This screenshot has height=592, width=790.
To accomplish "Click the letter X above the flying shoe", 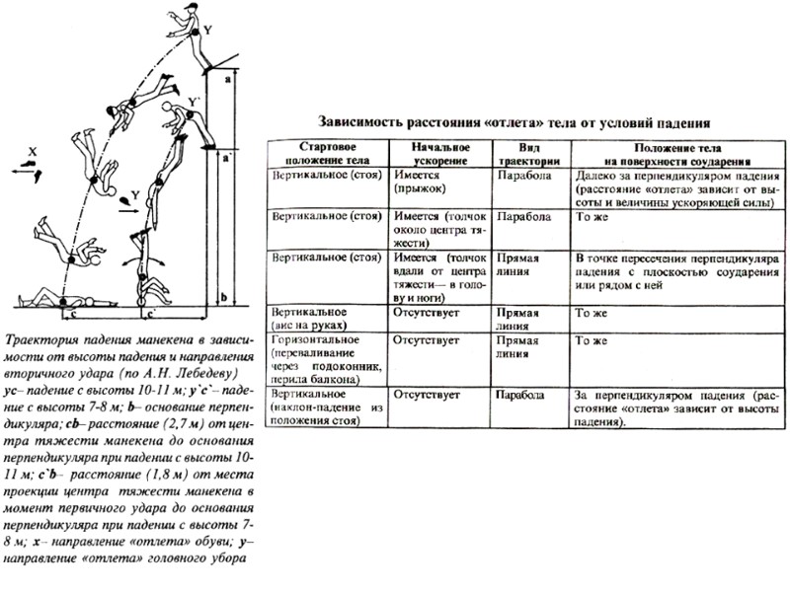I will pos(33,151).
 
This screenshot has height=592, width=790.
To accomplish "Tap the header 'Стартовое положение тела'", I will pos(327,154).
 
